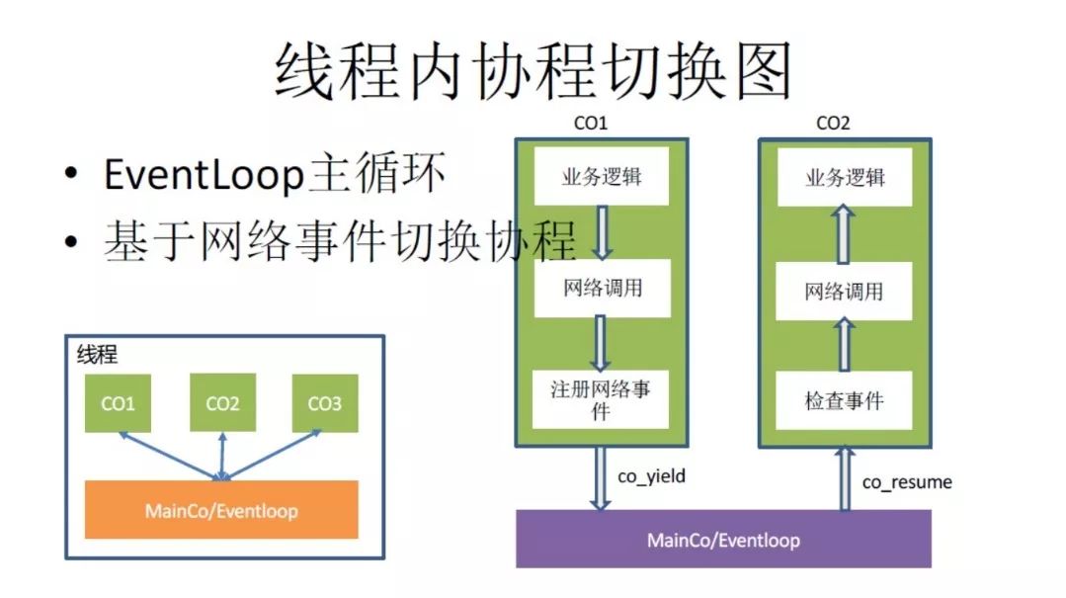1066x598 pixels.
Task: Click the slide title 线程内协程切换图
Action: tap(533, 70)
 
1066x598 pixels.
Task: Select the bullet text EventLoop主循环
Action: tap(275, 176)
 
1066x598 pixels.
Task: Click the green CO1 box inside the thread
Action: tap(119, 402)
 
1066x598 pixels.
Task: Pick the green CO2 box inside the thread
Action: tap(222, 402)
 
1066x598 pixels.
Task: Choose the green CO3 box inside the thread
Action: tap(324, 402)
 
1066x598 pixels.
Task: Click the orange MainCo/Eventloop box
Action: tap(221, 510)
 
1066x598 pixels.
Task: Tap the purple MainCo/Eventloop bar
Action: tap(723, 540)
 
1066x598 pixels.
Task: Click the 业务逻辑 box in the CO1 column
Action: tap(602, 178)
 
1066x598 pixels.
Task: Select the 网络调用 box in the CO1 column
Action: tap(602, 288)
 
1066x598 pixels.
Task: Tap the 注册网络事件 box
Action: tap(601, 399)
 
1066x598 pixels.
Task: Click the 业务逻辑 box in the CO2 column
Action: tap(844, 178)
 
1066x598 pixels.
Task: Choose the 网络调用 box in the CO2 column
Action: tap(844, 291)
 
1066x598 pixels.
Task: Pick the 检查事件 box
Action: tap(844, 400)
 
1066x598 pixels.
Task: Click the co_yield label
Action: tap(651, 477)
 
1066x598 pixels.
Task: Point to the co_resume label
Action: tap(907, 482)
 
